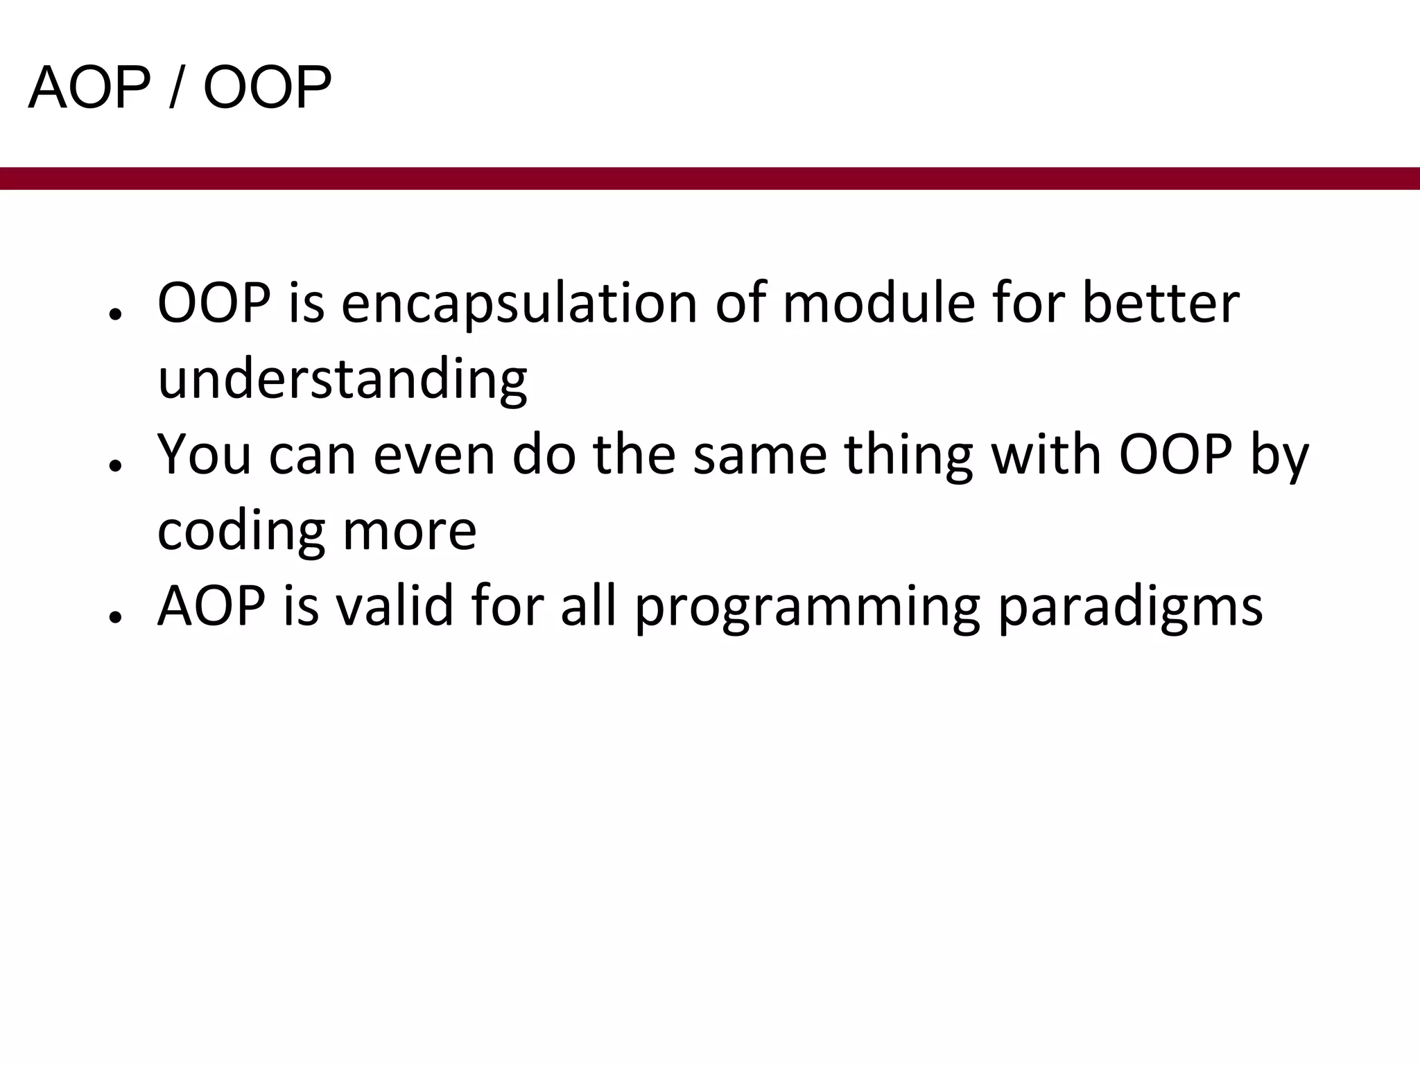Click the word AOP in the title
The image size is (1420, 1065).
tap(89, 88)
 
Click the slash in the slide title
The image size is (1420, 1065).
tap(177, 88)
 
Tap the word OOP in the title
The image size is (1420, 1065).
tap(267, 88)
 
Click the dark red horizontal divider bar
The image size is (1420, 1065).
tap(710, 178)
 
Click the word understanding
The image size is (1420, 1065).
tap(343, 380)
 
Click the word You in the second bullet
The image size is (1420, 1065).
tap(204, 456)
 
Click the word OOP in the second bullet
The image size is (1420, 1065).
tap(1176, 456)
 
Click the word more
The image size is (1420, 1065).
tap(409, 531)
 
